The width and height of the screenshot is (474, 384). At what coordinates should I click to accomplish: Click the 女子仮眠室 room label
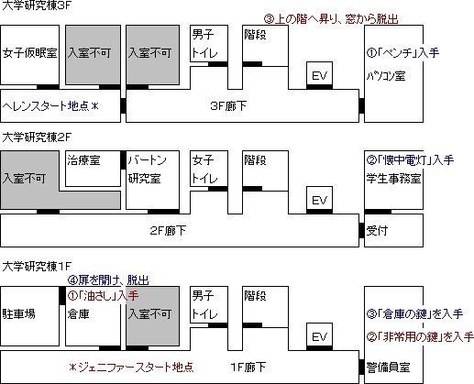30,53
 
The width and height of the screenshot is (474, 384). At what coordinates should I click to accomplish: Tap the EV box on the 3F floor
319,75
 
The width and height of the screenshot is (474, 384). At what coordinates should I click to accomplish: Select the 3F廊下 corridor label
228,106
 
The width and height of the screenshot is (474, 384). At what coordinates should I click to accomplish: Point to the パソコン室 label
386,76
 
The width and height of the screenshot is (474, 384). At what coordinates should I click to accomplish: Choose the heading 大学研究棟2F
37,137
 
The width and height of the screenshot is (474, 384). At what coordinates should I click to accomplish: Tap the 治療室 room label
83,159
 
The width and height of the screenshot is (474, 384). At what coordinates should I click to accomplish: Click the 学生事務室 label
393,179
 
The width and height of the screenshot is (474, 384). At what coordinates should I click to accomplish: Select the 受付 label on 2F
377,231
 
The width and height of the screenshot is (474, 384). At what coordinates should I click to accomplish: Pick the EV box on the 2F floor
319,200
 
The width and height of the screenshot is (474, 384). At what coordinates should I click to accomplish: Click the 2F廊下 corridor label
168,231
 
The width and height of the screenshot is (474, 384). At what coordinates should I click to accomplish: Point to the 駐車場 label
19,314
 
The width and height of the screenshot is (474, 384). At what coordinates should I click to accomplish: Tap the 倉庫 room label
78,314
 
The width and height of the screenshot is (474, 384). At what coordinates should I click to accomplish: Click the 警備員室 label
388,368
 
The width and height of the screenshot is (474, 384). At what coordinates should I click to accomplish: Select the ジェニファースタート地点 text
131,367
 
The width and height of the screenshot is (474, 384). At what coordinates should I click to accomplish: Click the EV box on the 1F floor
319,336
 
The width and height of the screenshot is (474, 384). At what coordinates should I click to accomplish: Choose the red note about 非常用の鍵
420,337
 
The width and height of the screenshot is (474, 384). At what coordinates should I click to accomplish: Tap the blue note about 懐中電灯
410,159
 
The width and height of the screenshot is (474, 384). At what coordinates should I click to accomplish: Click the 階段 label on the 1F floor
255,296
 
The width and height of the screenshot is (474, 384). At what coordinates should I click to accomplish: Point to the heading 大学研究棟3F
37,5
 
